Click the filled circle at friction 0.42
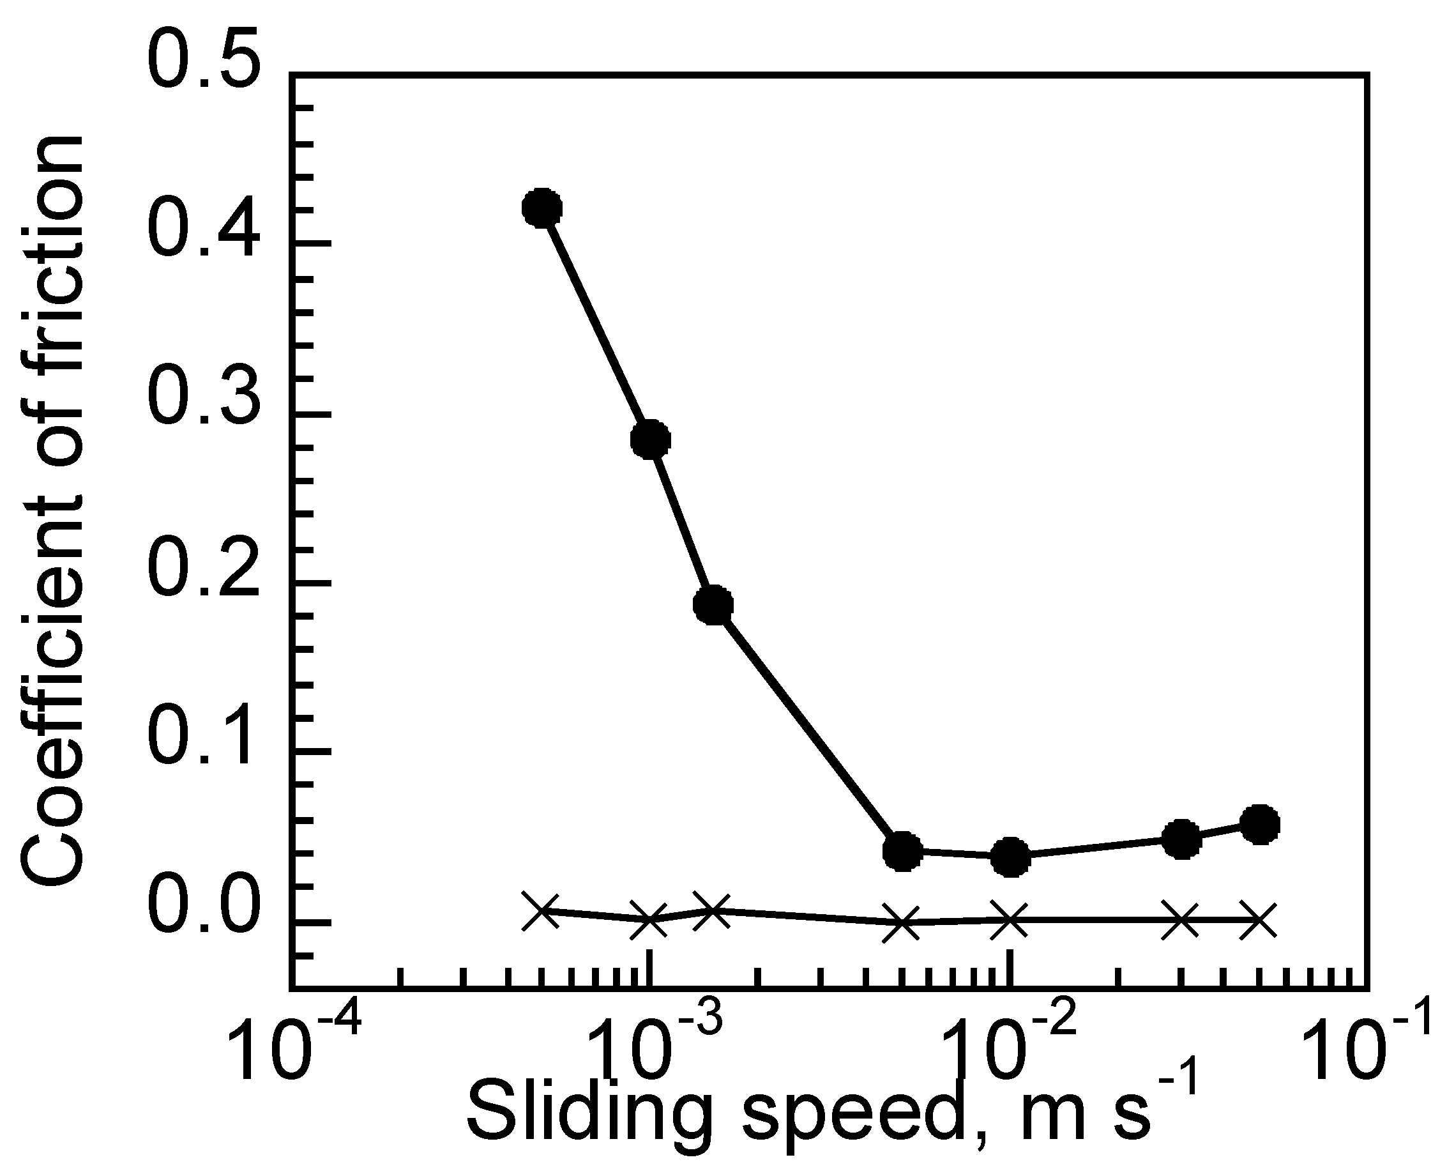[542, 208]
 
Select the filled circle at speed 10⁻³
[650, 440]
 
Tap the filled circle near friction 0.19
[713, 604]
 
